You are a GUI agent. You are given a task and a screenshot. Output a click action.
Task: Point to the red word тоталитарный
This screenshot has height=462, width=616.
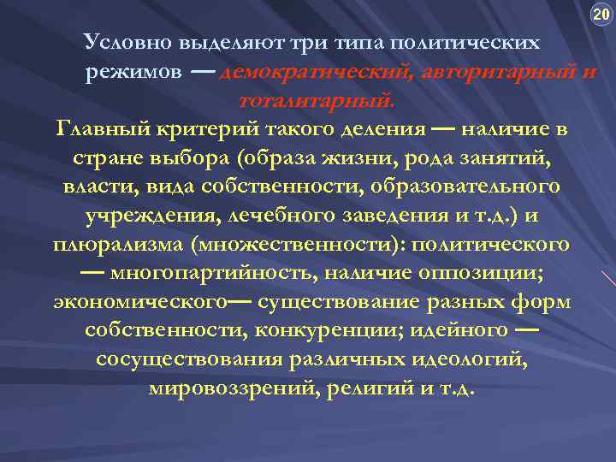tap(317, 101)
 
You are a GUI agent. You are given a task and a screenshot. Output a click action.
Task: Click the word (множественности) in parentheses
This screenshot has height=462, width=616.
tap(304, 245)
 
